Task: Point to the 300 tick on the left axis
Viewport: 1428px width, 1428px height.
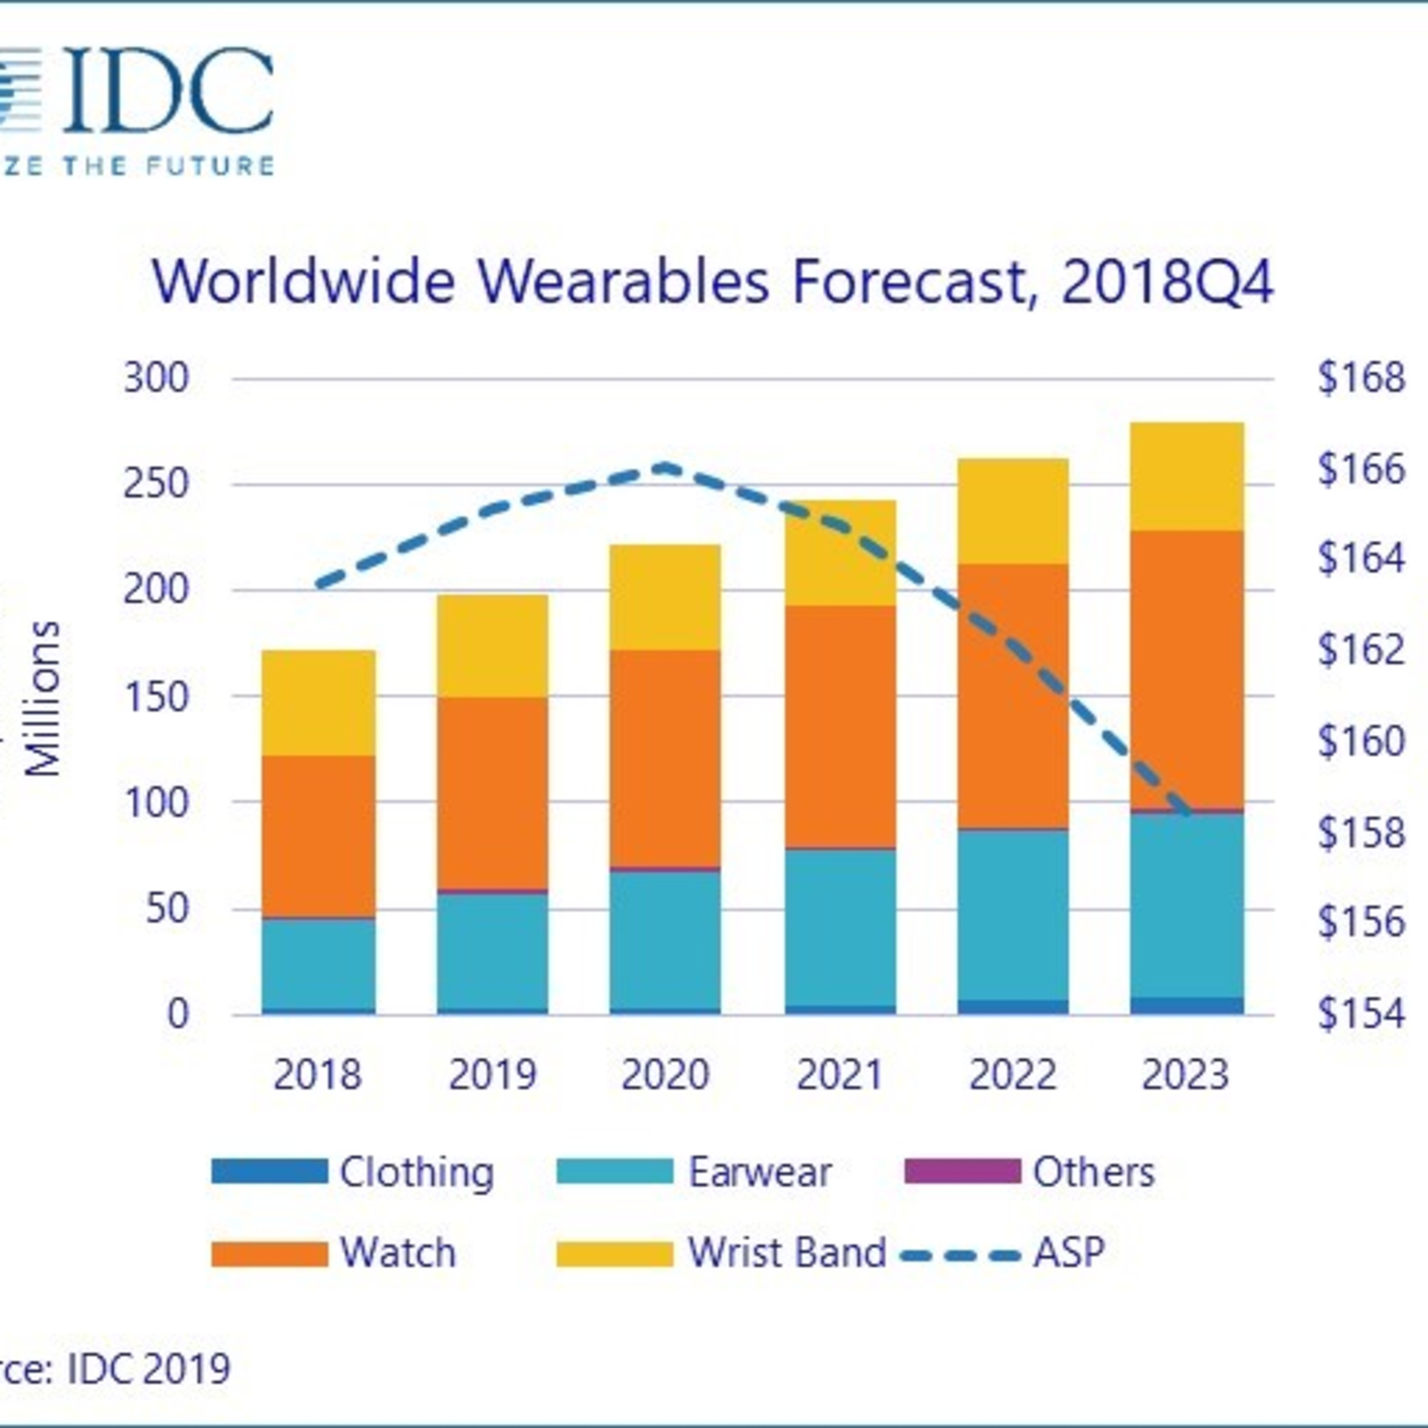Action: click(x=156, y=379)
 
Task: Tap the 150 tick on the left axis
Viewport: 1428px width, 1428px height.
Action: click(x=156, y=696)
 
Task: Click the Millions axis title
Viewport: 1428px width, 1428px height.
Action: click(x=43, y=698)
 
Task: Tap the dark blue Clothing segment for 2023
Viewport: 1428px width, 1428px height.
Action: click(x=1186, y=1006)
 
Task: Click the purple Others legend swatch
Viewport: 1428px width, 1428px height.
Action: click(x=962, y=1171)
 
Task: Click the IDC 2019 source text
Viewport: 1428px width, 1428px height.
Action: click(x=148, y=1368)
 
